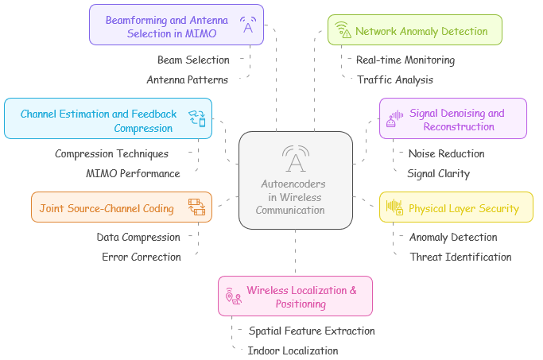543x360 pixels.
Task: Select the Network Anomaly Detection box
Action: [414, 31]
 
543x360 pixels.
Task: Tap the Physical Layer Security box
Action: [456, 209]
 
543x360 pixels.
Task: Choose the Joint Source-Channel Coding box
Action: [121, 208]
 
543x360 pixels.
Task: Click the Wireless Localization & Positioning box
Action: [295, 296]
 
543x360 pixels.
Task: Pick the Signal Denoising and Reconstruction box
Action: [452, 119]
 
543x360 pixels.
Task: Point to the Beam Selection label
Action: [193, 60]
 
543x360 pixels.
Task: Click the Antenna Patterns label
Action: [188, 80]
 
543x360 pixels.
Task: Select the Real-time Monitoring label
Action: [405, 60]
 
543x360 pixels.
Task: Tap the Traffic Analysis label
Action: [395, 80]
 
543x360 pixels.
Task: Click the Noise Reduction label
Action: [446, 154]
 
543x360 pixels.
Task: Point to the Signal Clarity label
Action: [438, 174]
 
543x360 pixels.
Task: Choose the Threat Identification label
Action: [460, 257]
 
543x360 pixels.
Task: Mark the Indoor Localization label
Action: [293, 351]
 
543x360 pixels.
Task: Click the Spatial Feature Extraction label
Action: [312, 331]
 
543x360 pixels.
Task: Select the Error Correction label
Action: [142, 257]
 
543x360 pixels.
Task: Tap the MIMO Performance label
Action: [133, 174]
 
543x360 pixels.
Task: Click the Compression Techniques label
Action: [111, 154]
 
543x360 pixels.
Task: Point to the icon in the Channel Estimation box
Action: [196, 119]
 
